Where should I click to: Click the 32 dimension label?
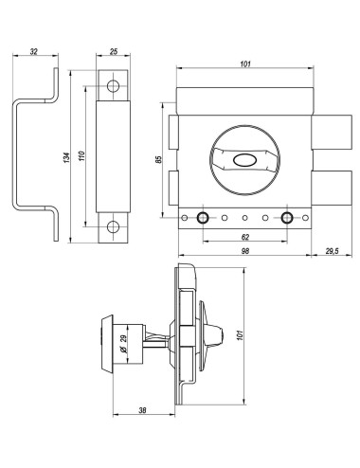point(33,51)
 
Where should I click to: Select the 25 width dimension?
point(114,51)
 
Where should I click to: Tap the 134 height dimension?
point(65,157)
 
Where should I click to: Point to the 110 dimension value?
point(81,156)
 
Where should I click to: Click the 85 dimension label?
point(159,159)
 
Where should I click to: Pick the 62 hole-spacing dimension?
point(245,237)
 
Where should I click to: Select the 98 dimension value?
point(245,251)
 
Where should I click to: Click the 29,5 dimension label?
point(332,251)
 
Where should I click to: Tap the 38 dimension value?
point(143,410)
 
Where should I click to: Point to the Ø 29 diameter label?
point(123,343)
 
